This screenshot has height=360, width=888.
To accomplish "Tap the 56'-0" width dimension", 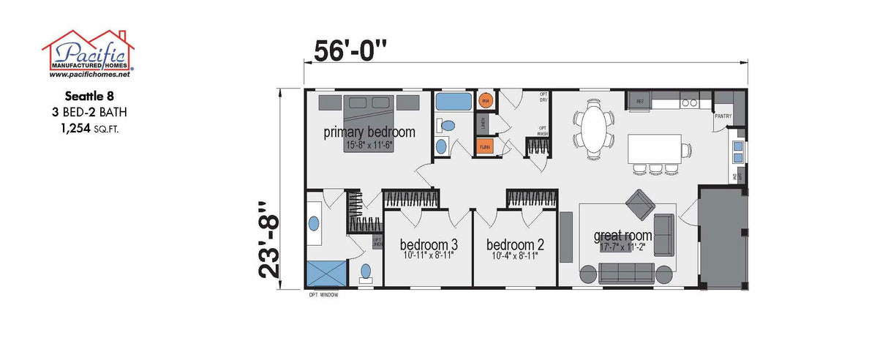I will point(350,51).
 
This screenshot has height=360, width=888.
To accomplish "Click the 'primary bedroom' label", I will point(369,132).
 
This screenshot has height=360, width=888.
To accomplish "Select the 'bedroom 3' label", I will point(429,244).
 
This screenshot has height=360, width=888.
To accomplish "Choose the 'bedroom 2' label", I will point(515,244).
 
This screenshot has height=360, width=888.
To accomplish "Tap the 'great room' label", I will point(622,236).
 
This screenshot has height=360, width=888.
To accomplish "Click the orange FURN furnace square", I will point(485,146).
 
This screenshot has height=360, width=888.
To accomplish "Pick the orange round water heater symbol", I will point(485,100).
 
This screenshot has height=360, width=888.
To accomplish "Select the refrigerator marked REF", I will point(640,100).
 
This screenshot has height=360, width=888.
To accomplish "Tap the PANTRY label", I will point(723,116).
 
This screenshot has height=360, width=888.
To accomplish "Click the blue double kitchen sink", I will point(738,151).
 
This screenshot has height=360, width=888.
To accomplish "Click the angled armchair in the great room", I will point(641,204).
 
